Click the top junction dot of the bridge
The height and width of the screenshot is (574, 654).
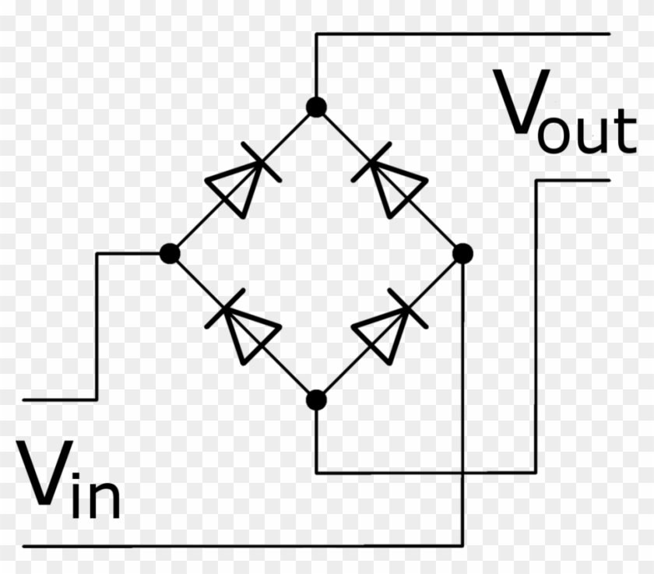click(315, 107)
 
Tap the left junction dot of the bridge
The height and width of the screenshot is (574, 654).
click(169, 253)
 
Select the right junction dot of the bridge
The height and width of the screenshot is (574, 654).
click(462, 253)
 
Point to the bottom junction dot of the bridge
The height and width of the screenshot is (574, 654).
click(315, 400)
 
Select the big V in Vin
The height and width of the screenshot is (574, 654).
click(44, 473)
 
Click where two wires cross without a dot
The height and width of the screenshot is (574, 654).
click(462, 472)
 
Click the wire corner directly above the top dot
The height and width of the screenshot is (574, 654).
click(315, 34)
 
